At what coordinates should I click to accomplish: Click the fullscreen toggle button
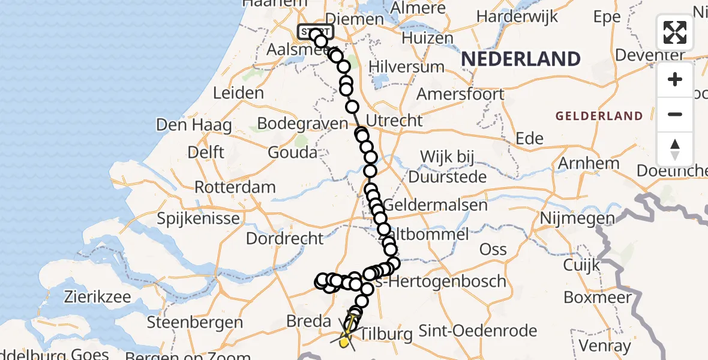675,32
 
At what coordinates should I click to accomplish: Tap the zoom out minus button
675,114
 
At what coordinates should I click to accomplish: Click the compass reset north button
675,149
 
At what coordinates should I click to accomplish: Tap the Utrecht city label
394,120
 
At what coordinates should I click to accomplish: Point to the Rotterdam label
235,187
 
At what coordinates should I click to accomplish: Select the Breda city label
309,321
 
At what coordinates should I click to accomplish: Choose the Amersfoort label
460,94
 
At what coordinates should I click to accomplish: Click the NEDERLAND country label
521,59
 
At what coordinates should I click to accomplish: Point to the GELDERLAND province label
599,116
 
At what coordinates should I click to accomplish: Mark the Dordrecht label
286,238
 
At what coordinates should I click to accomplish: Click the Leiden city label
239,93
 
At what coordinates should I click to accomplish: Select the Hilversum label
407,66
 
